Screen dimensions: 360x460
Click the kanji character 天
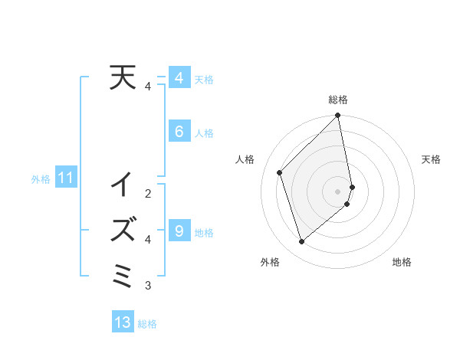pyautogui.click(x=123, y=78)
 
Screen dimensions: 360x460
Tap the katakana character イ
pyautogui.click(x=123, y=185)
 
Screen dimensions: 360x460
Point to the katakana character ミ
pyautogui.click(x=123, y=274)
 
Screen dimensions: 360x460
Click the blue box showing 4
pyautogui.click(x=179, y=78)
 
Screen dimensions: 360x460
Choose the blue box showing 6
pyautogui.click(x=179, y=132)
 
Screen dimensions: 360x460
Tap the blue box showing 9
pyautogui.click(x=179, y=230)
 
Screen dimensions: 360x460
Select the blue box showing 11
pyautogui.click(x=66, y=178)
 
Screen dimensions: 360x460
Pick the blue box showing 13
pyautogui.click(x=123, y=322)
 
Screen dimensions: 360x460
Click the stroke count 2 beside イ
pyautogui.click(x=148, y=193)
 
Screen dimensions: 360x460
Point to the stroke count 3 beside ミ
pyautogui.click(x=148, y=286)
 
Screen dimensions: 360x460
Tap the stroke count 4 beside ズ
pyautogui.click(x=148, y=239)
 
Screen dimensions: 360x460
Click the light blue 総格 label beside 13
pyautogui.click(x=147, y=324)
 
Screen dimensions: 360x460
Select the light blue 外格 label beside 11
pyautogui.click(x=41, y=179)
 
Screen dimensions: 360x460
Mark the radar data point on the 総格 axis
pyautogui.click(x=338, y=116)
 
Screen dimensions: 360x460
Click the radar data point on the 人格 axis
pyautogui.click(x=280, y=172)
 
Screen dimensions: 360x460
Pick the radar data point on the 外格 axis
pyautogui.click(x=302, y=241)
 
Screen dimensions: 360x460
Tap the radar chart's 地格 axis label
pyautogui.click(x=402, y=263)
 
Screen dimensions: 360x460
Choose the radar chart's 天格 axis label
pyautogui.click(x=431, y=159)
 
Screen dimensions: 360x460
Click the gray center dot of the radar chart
pyautogui.click(x=338, y=191)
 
